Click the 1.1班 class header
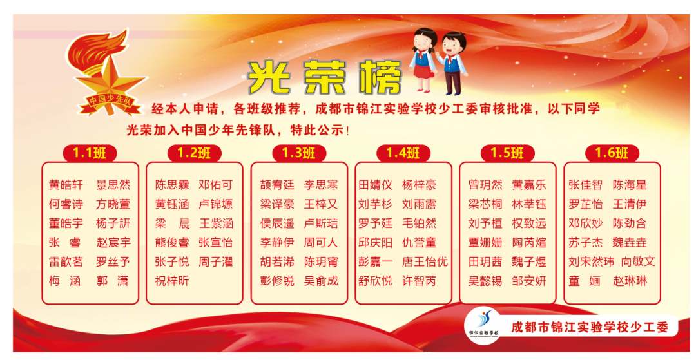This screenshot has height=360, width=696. tap(90, 153)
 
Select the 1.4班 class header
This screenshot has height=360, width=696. tap(403, 153)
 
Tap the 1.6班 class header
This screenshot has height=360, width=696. tap(612, 153)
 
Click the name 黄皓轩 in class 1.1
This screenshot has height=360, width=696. tap(66, 185)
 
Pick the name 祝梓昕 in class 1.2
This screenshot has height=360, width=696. tap(172, 281)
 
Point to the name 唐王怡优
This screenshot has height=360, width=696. tap(425, 261)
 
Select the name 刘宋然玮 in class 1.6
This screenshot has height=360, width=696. tap(591, 261)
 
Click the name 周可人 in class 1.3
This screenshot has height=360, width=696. tap(321, 243)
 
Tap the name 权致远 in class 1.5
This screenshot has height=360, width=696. tap(529, 223)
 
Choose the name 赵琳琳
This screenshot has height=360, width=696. tap(630, 281)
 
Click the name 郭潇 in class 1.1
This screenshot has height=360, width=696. tap(113, 281)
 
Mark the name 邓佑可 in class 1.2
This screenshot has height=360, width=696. tap(216, 185)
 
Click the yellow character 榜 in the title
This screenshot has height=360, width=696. tap(382, 78)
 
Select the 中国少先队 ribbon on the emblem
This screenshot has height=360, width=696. tap(111, 102)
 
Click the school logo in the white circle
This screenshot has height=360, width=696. tap(483, 325)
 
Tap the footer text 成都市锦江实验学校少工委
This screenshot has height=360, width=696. tap(590, 328)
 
